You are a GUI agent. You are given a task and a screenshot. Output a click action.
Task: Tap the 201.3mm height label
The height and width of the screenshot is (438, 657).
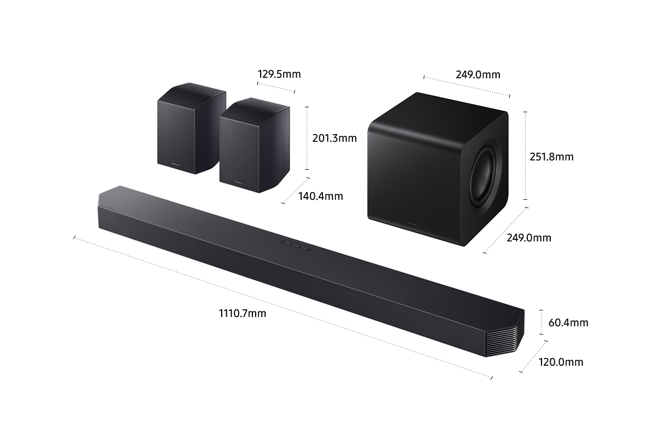(334, 139)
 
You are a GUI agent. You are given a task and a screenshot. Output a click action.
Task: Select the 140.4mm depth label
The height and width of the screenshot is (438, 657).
(321, 196)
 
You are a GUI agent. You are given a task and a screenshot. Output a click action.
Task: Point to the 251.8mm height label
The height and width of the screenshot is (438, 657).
(551, 157)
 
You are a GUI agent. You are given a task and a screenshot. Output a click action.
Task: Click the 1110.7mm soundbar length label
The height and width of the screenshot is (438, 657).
(243, 314)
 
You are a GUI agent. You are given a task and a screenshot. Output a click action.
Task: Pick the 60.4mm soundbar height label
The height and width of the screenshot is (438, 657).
(568, 323)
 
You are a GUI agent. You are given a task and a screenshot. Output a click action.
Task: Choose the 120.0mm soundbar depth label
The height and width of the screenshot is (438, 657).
(561, 362)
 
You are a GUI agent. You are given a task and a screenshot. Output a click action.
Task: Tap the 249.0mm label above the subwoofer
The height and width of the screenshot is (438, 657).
(477, 74)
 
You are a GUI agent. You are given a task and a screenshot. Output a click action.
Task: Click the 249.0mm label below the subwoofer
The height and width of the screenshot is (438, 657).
(528, 238)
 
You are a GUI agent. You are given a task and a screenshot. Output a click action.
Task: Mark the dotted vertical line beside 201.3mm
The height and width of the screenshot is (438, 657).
(308, 138)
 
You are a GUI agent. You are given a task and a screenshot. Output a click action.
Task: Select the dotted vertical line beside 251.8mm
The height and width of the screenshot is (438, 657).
(526, 156)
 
